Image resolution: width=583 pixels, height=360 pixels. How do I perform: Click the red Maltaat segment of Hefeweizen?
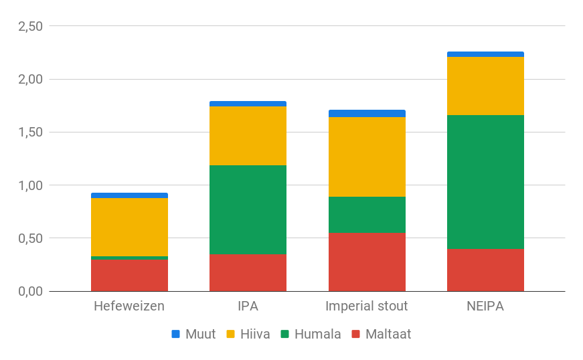[x=129, y=275]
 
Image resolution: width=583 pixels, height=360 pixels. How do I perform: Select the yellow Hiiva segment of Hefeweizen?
[x=129, y=227]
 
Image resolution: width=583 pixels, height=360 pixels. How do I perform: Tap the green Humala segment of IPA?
[x=248, y=209]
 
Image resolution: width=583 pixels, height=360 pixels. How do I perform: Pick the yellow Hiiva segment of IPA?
[x=248, y=136]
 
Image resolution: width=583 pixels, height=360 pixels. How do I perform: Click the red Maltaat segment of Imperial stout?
[x=367, y=262]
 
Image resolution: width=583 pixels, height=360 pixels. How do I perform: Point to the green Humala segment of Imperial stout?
[x=367, y=214]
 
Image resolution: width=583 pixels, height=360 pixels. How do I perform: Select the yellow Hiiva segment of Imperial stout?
[x=367, y=157]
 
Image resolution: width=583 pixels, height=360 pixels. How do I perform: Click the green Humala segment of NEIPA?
[x=485, y=181]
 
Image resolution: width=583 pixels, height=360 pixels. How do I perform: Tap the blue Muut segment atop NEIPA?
[x=485, y=54]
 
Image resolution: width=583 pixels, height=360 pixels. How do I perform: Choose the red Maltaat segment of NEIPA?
[x=485, y=270]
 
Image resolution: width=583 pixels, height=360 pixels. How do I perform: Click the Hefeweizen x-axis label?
[x=129, y=307]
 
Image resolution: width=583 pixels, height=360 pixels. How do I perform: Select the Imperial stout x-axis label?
[x=367, y=307]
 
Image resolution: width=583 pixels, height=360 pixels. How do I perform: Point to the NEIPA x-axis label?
[x=485, y=307]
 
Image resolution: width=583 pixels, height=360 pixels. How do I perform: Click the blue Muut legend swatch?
[x=176, y=334]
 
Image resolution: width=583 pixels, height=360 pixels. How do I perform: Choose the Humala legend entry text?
[x=318, y=334]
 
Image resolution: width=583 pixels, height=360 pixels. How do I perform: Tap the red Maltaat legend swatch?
[x=355, y=334]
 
